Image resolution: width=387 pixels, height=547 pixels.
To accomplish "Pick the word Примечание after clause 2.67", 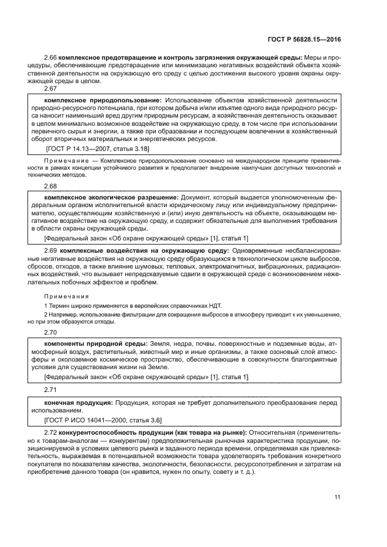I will point(69,159).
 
